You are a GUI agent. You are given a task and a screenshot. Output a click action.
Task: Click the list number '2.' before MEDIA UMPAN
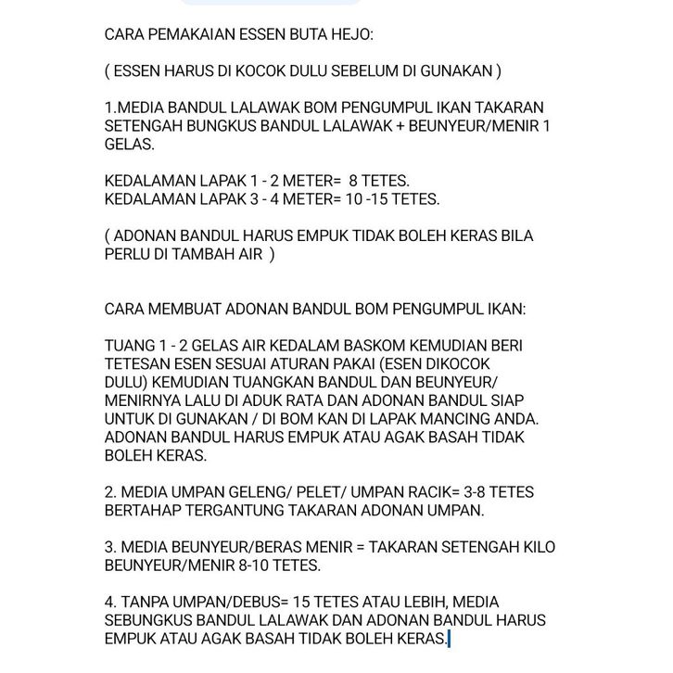[110, 492]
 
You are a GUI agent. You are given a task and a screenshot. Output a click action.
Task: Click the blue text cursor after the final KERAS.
[449, 638]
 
